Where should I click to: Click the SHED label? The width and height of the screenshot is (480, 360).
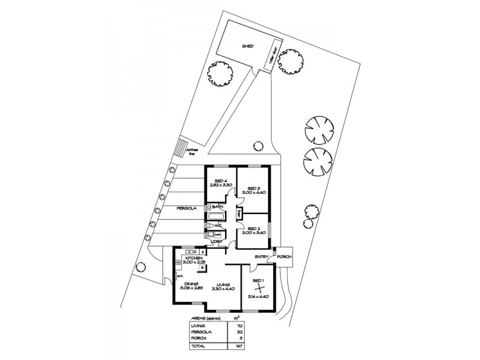[x=247, y=46]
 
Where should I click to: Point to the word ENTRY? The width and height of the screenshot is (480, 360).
[x=262, y=257]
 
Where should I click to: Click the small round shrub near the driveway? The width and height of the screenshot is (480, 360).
[x=257, y=145]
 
